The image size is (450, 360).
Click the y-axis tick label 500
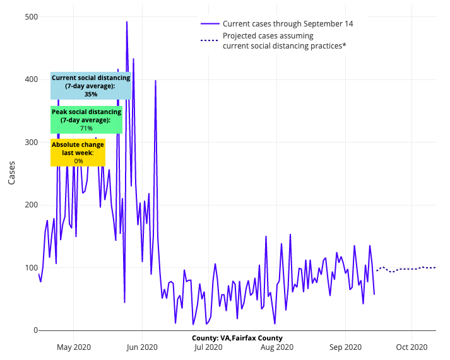27,17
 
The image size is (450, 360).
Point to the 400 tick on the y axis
27,79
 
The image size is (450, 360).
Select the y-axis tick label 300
27,142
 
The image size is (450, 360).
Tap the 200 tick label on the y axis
27,205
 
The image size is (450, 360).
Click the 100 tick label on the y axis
27,268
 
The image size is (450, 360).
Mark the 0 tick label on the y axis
32,330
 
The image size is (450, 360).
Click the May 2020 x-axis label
74,347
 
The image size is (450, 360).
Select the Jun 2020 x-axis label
141,347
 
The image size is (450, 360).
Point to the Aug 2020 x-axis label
276,347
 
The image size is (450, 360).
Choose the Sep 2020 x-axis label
345,347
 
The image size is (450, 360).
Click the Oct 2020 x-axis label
412,347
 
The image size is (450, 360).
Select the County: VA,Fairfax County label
237,338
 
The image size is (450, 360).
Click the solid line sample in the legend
210,24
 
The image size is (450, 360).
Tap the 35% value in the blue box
91,94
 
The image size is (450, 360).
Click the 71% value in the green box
86,128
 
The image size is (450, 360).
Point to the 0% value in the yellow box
78,161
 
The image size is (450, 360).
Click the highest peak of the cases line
127,22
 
